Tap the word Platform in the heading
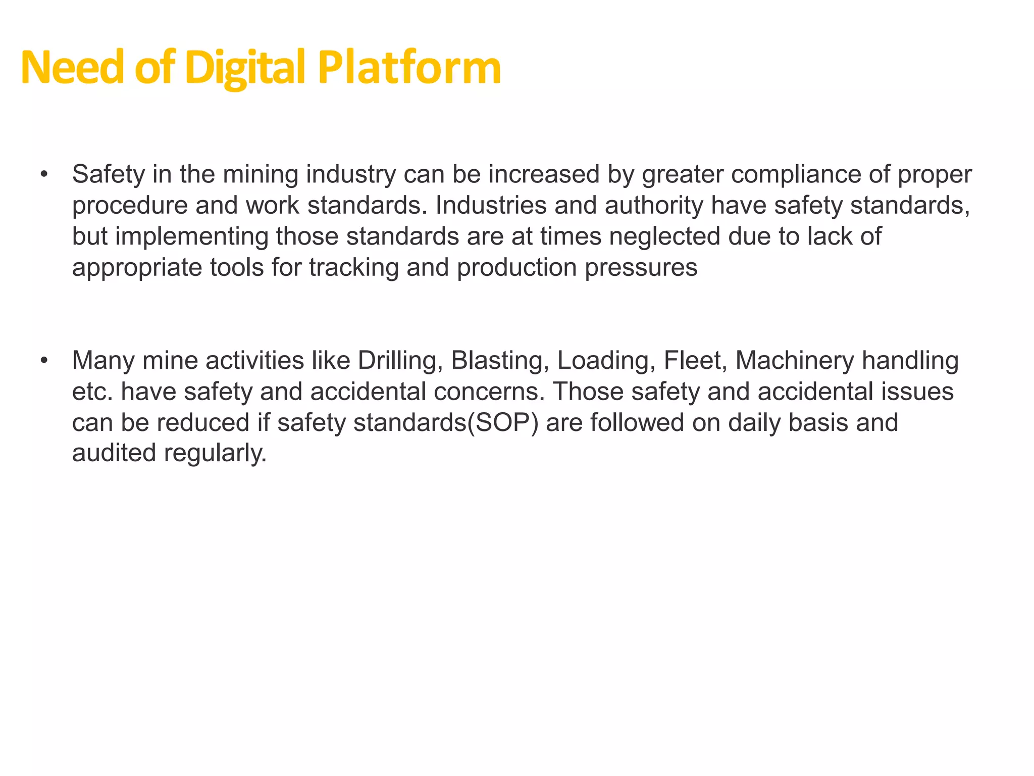coord(409,68)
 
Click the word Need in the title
coord(72,68)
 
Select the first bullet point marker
coord(44,175)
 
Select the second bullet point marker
coord(44,361)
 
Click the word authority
coord(654,206)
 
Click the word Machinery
coord(794,361)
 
